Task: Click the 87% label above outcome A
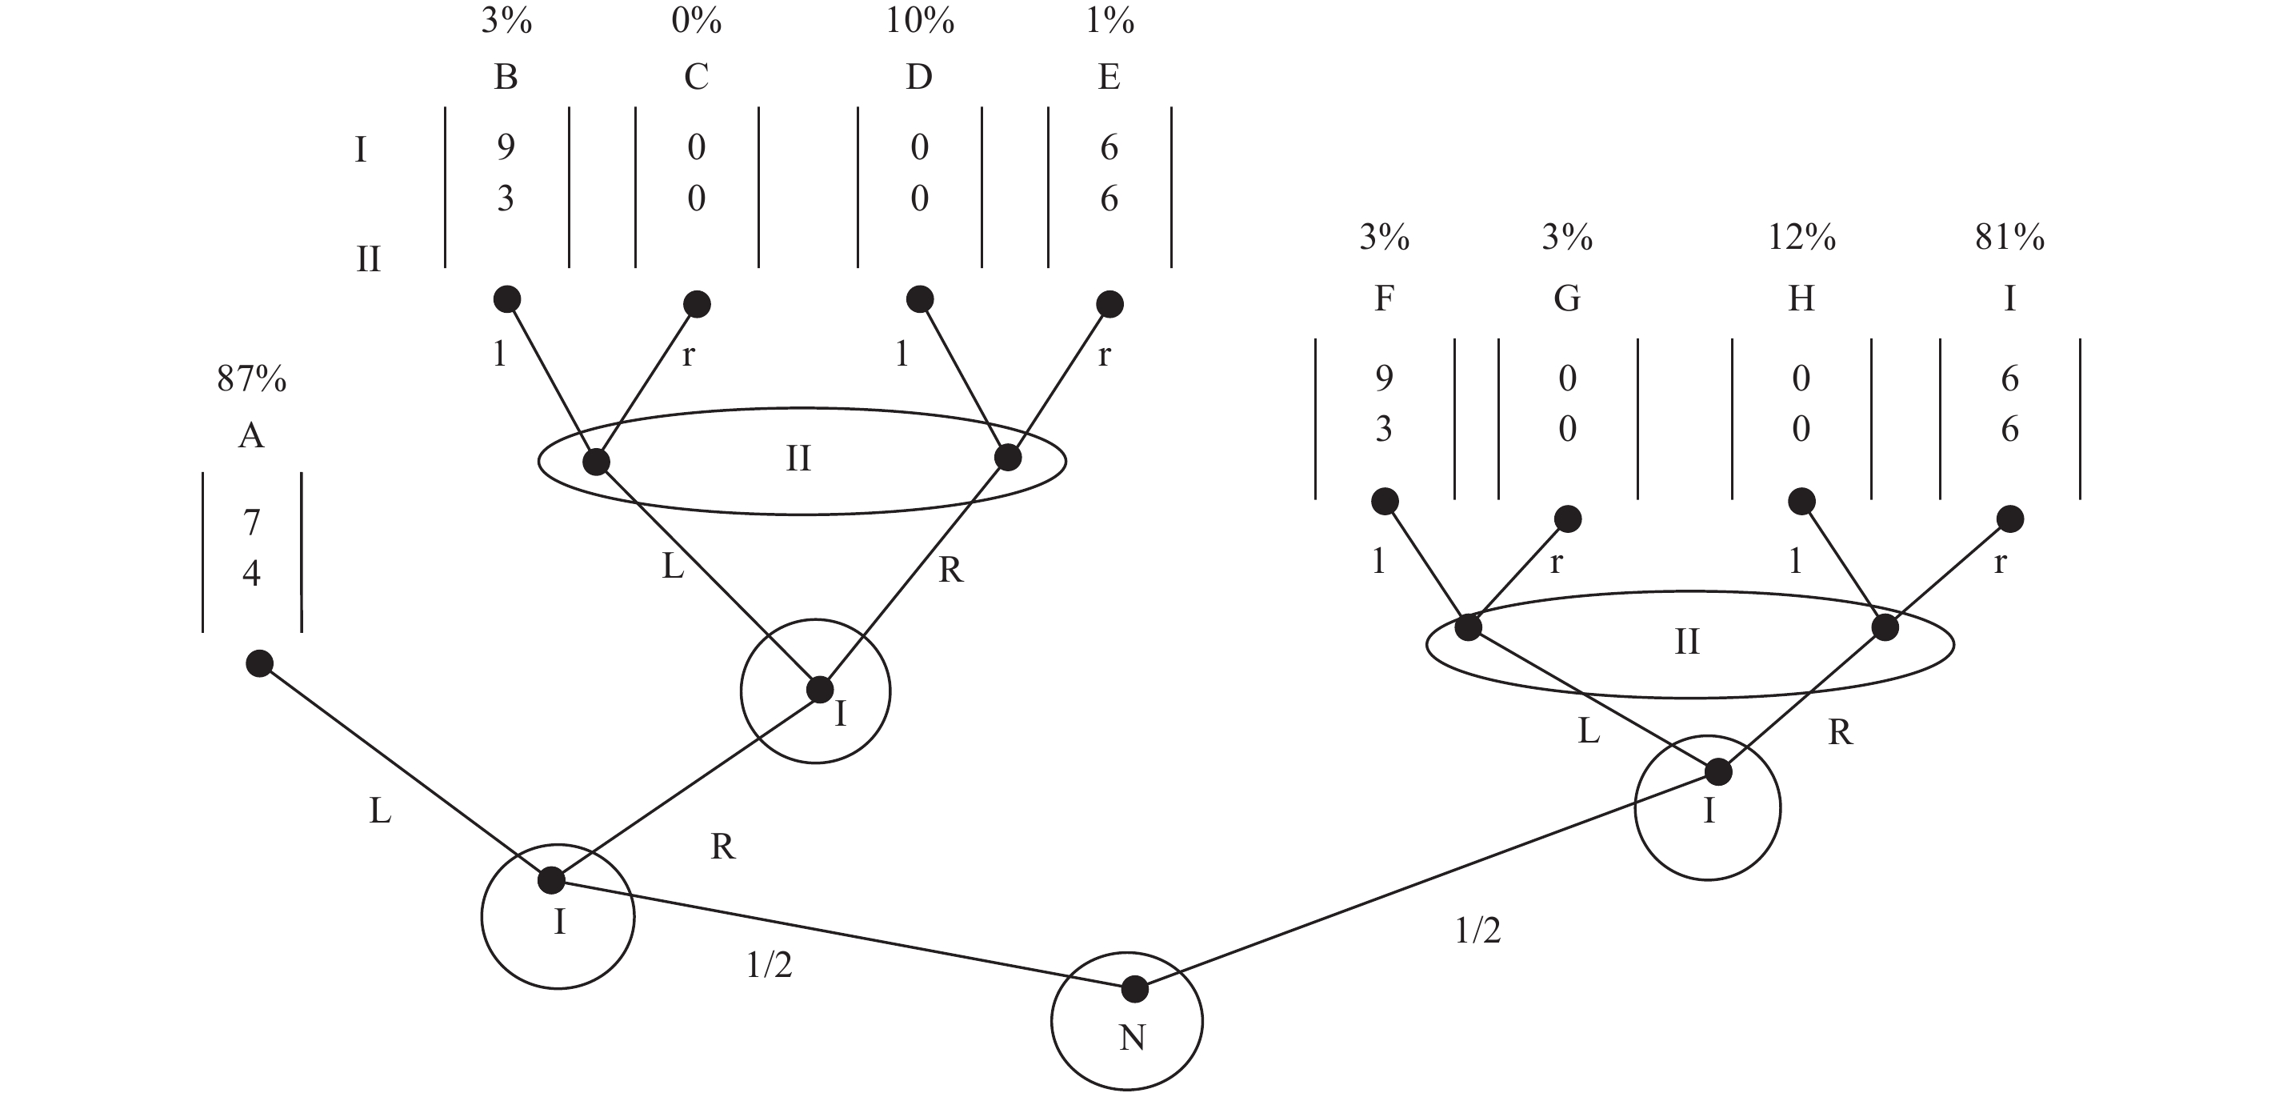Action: pos(252,379)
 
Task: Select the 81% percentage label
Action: pos(2009,238)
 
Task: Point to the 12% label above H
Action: pos(1801,238)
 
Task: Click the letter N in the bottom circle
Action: pos(1132,1037)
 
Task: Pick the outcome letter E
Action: pos(1109,77)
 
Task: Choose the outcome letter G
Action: pos(1567,298)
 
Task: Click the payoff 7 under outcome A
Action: pos(252,522)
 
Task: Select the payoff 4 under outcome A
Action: pos(252,574)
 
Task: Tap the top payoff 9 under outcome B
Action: pos(506,146)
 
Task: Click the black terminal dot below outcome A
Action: pos(259,663)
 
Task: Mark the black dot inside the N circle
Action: pos(1134,988)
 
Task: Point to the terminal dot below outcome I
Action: pos(2010,519)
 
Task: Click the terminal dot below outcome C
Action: pos(698,304)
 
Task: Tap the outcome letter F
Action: pos(1383,298)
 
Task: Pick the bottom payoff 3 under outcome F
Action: pos(1383,430)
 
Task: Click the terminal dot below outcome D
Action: pos(920,299)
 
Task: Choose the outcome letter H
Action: pos(1801,298)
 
